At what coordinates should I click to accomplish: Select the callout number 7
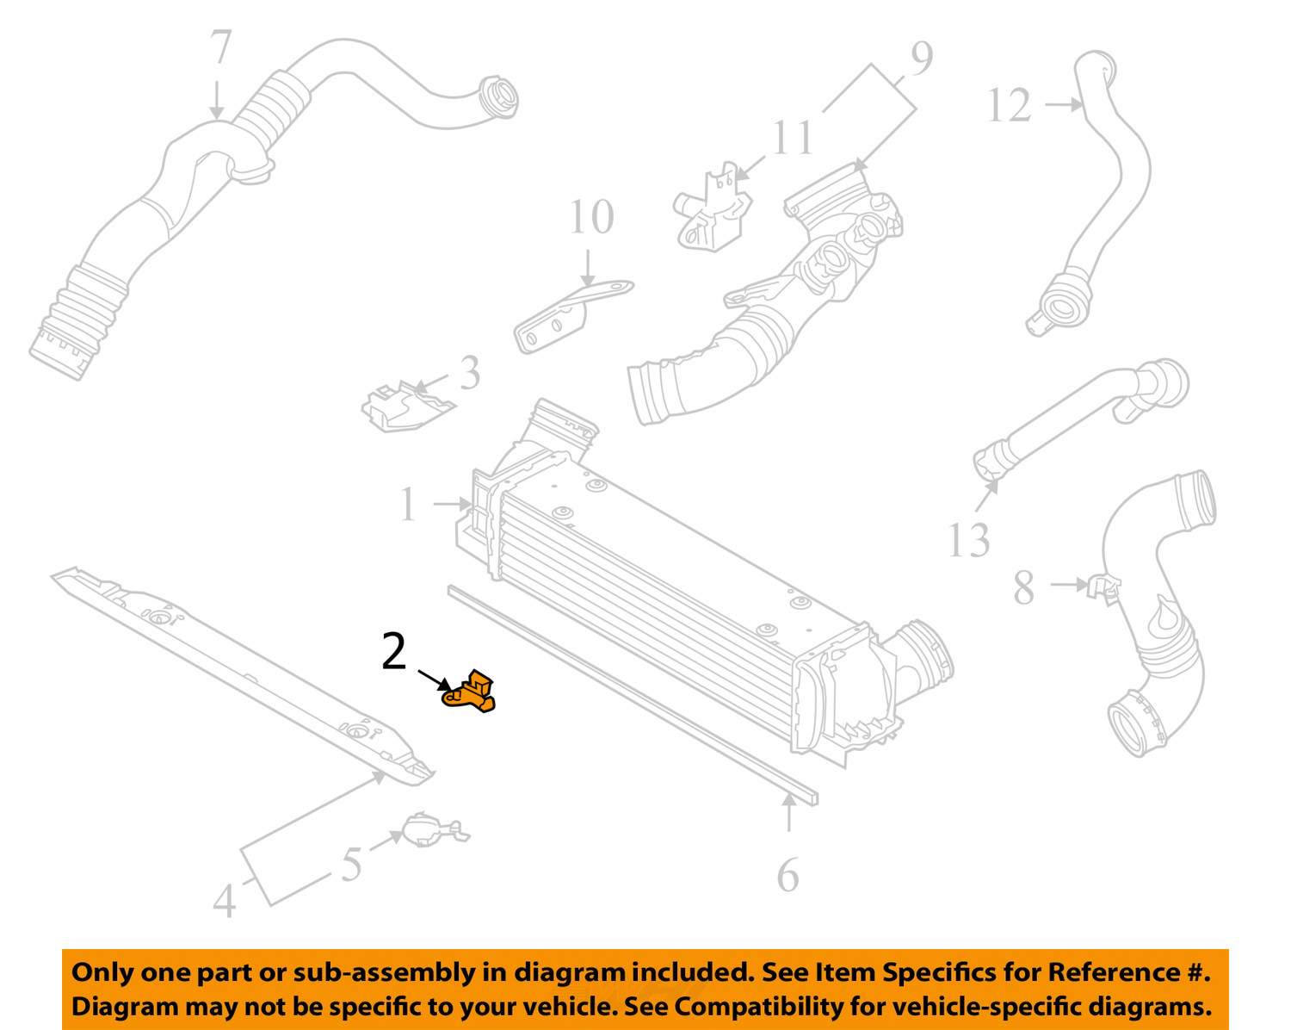click(x=221, y=48)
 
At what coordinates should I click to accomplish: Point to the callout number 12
click(x=1008, y=107)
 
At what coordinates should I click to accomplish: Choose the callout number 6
click(x=788, y=876)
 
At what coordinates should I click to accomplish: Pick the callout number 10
click(x=591, y=217)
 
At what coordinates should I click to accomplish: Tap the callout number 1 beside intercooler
click(x=408, y=505)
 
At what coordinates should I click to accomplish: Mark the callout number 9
click(x=921, y=59)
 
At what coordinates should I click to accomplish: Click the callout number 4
click(x=225, y=902)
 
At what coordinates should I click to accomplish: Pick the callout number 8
click(x=1023, y=589)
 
